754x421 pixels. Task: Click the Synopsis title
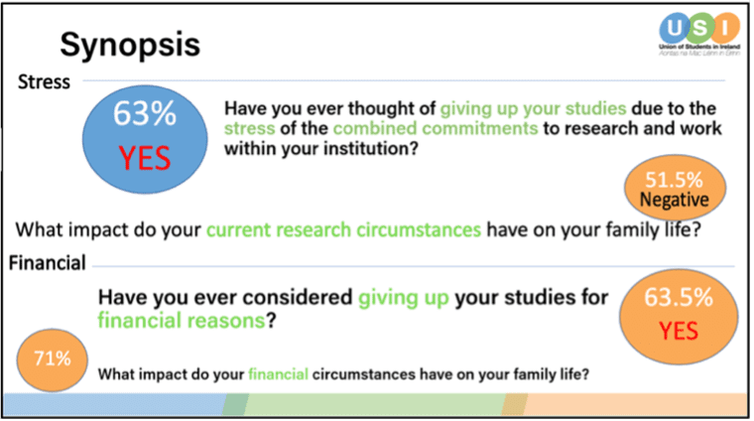click(x=130, y=46)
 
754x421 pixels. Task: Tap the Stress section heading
click(x=44, y=81)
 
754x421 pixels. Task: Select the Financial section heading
click(x=48, y=263)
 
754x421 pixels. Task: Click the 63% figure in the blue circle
click(x=145, y=113)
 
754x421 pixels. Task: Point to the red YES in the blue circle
click(x=145, y=158)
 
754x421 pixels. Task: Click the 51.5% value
click(x=674, y=180)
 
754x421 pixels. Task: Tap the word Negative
click(x=675, y=200)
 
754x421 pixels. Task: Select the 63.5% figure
click(x=679, y=297)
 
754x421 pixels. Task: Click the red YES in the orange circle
click(x=679, y=331)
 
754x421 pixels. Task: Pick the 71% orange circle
click(x=53, y=359)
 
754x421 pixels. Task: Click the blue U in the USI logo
click(x=675, y=28)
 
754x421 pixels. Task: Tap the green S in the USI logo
click(x=700, y=29)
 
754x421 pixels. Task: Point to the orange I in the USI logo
click(x=725, y=28)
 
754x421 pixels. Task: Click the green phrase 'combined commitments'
click(x=436, y=128)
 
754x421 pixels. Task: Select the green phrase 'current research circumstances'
click(x=344, y=229)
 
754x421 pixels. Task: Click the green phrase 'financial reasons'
click(x=182, y=321)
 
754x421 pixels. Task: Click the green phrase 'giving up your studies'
click(x=534, y=109)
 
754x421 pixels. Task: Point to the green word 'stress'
click(x=250, y=128)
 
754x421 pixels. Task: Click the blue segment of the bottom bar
click(x=115, y=405)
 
